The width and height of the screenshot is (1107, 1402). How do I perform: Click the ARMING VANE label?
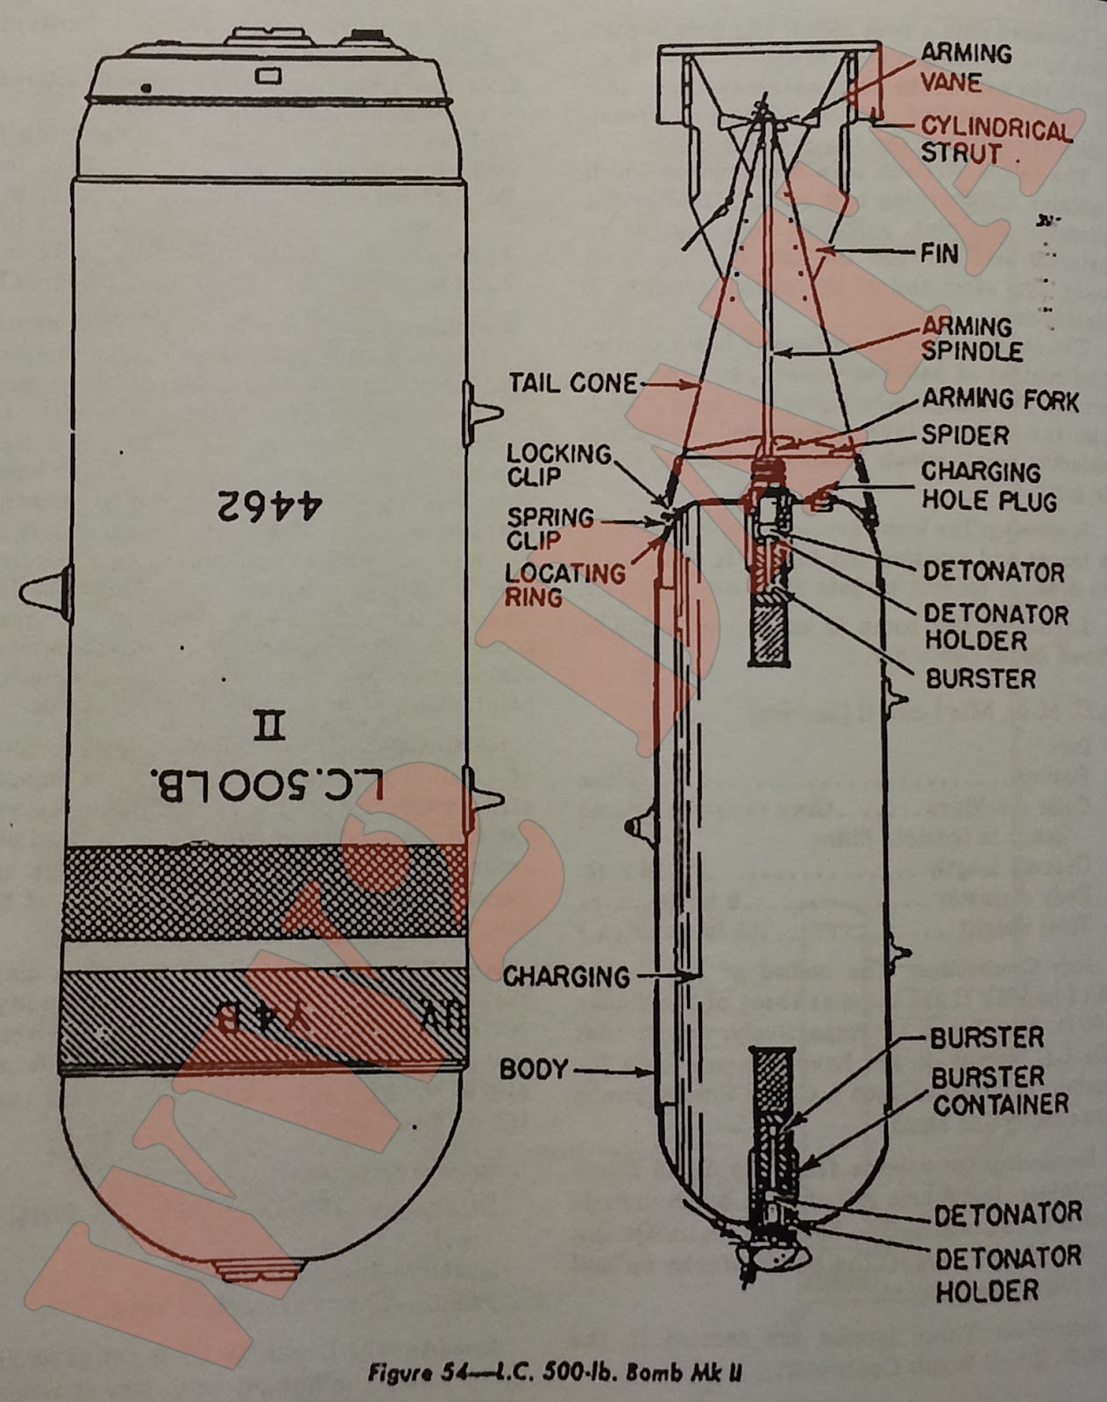[x=965, y=67]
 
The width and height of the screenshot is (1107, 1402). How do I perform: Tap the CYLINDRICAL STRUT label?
[x=995, y=141]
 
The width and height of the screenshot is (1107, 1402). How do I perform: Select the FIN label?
[x=940, y=254]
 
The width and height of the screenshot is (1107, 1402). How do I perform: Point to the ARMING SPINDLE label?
[x=971, y=339]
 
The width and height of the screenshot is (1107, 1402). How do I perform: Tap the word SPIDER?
[x=965, y=435]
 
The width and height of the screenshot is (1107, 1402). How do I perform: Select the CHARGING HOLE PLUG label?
[x=988, y=486]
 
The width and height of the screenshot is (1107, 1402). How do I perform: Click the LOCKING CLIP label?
[x=558, y=465]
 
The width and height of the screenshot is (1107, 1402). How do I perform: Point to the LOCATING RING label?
[x=564, y=585]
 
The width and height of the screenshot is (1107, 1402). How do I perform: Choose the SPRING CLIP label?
[x=550, y=528]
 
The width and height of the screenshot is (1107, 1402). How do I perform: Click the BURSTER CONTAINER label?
[x=999, y=1090]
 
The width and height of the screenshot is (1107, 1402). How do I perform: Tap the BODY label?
[x=534, y=1070]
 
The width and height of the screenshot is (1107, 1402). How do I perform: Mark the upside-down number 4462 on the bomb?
[x=269, y=506]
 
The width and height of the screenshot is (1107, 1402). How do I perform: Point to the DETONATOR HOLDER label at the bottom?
[x=1007, y=1274]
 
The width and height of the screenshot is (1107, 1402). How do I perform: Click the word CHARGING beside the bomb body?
[x=566, y=976]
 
